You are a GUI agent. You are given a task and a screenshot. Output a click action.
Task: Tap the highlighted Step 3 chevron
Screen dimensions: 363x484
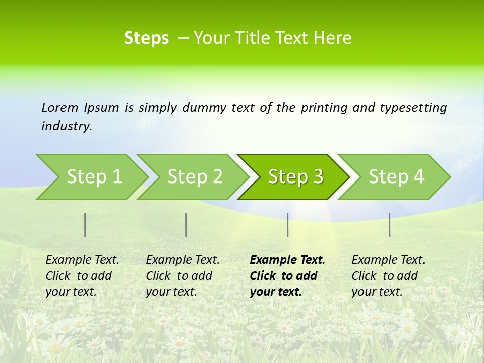(295, 177)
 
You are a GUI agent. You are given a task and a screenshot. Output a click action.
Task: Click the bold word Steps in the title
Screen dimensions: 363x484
(146, 38)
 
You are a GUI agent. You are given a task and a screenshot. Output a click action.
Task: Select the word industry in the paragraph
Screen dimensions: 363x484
(67, 126)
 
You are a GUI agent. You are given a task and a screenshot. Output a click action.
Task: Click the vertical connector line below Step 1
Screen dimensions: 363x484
(85, 225)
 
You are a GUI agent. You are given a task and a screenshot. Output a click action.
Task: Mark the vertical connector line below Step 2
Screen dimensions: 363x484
(186, 225)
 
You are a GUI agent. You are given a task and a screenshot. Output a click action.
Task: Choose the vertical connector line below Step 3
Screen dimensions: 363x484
(288, 225)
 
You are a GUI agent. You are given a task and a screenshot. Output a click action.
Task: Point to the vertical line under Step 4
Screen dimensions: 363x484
(390, 225)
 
